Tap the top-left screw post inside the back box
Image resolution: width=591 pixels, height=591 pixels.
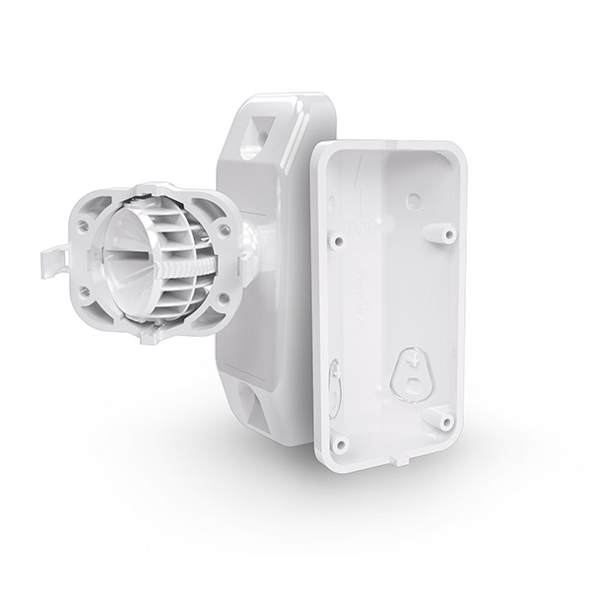(x=338, y=238)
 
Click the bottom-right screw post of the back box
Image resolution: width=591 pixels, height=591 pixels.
(x=445, y=421)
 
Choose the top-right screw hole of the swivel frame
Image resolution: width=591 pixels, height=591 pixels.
(x=224, y=229)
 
